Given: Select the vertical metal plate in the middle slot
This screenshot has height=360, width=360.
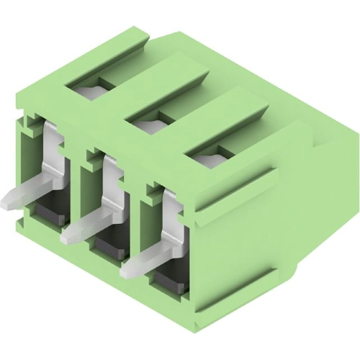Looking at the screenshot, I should pos(112,180).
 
